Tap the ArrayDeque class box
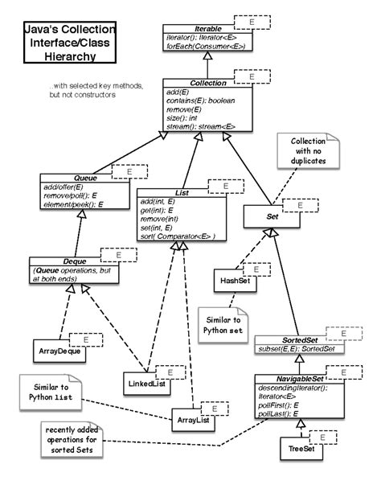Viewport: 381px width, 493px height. [61, 351]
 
